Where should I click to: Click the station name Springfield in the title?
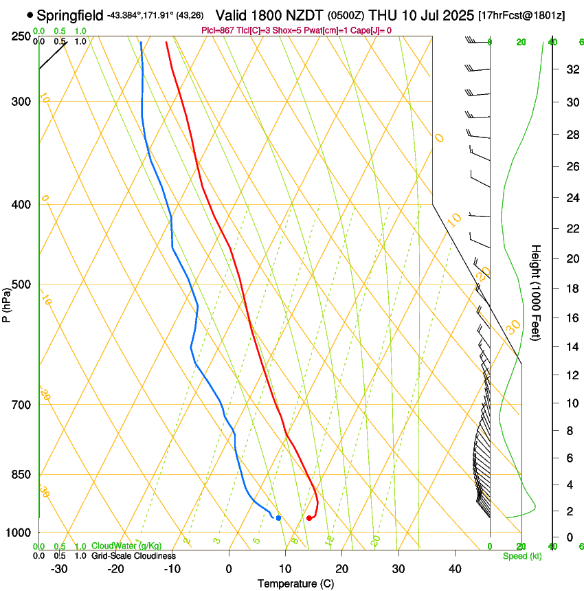pos(70,14)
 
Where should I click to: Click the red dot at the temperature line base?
pos(309,518)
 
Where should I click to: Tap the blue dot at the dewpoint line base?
pos(278,518)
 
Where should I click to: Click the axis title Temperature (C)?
pos(296,583)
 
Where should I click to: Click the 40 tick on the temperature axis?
pos(455,568)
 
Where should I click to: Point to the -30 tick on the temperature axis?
pos(59,568)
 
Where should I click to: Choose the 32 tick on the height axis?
pos(570,69)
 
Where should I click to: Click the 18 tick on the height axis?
pos(570,289)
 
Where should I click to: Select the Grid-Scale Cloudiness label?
pos(133,556)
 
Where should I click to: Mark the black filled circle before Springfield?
pos(30,14)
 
